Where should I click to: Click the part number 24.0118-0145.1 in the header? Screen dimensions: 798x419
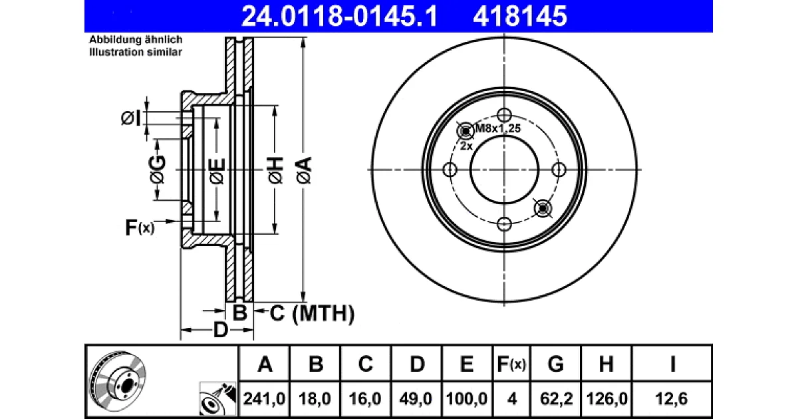point(339,16)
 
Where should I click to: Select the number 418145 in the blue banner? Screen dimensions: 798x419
point(520,16)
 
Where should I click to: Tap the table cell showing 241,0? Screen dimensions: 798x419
point(264,398)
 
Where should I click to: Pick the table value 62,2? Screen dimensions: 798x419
point(556,398)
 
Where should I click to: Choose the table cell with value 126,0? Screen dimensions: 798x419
point(606,398)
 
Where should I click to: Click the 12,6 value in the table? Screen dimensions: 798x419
point(672,398)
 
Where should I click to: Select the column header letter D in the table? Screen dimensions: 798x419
point(417,364)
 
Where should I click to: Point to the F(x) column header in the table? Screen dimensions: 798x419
point(511,364)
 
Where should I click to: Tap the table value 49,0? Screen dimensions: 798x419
point(416,398)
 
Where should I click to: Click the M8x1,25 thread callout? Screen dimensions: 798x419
point(498,128)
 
